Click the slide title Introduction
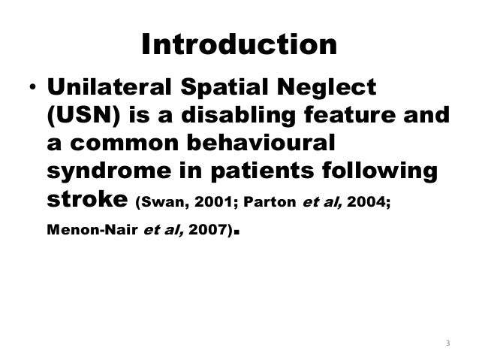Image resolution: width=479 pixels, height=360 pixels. pyautogui.click(x=239, y=46)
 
